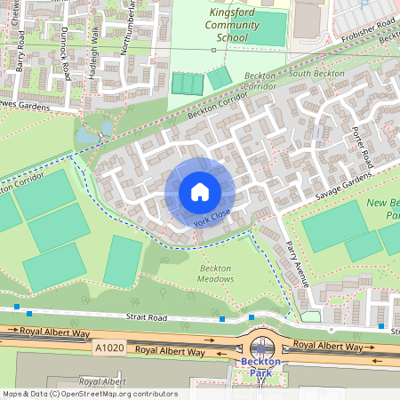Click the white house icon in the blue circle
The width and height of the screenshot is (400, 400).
click(x=200, y=191)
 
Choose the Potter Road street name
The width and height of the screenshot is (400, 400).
click(x=363, y=148)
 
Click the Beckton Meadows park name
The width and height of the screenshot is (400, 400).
click(x=216, y=274)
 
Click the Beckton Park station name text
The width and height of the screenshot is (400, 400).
click(x=260, y=368)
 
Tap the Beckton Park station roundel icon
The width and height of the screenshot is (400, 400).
click(x=261, y=348)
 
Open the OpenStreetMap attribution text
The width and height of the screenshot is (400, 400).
click(x=89, y=394)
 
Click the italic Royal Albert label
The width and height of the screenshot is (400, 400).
click(x=102, y=380)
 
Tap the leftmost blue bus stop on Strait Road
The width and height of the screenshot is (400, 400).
click(x=29, y=313)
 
